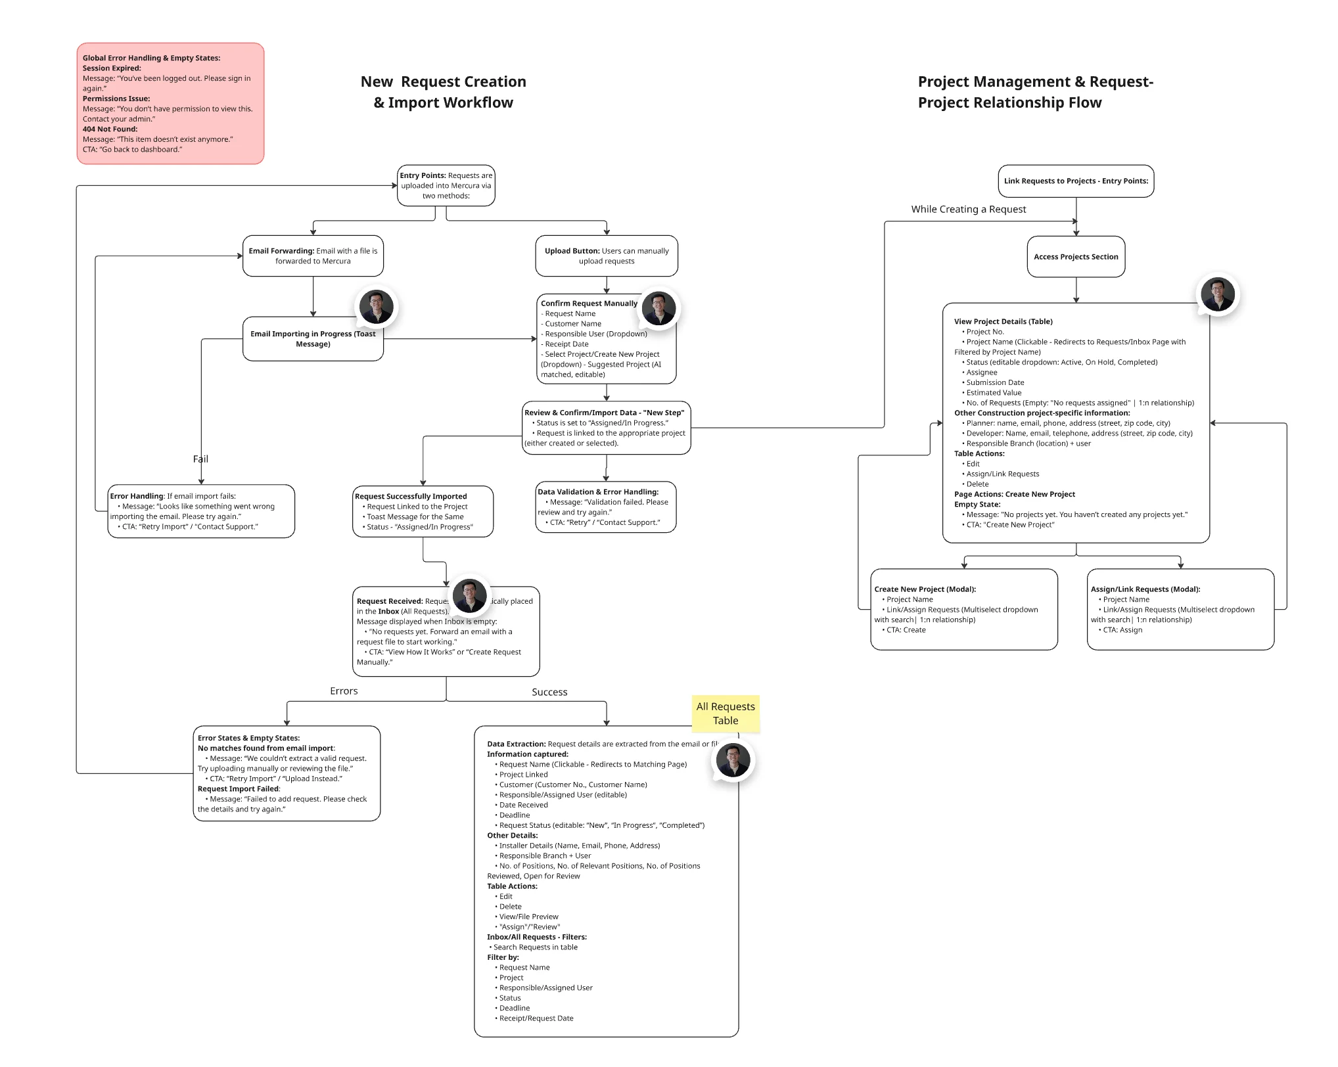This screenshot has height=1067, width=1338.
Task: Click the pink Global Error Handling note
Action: click(x=170, y=103)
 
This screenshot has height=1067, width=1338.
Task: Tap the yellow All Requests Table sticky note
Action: click(x=726, y=714)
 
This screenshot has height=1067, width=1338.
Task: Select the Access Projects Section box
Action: click(x=1076, y=257)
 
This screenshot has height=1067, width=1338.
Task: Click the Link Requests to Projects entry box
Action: click(x=1076, y=181)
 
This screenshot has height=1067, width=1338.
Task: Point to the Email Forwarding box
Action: click(x=313, y=256)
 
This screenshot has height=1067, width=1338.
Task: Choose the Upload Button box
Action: click(x=607, y=256)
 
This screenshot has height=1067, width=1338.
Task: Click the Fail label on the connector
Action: click(x=200, y=459)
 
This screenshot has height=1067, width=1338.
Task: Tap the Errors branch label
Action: click(x=344, y=691)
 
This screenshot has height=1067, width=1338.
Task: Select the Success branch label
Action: click(x=549, y=692)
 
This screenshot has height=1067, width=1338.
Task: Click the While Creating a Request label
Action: click(x=968, y=210)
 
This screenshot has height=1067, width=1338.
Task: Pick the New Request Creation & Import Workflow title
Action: click(x=444, y=92)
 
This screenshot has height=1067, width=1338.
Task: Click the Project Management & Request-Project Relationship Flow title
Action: click(x=1035, y=92)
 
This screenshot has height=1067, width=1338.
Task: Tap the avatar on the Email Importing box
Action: click(x=377, y=307)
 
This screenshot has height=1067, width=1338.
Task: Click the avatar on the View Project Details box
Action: click(x=1218, y=294)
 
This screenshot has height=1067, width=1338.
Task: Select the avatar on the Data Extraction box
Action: click(x=733, y=760)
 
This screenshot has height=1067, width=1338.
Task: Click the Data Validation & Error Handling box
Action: click(x=606, y=507)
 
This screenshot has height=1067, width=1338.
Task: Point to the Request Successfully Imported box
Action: click(x=423, y=512)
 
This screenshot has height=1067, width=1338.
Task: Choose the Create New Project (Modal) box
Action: click(x=964, y=610)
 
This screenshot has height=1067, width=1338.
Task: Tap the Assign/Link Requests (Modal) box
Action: click(x=1180, y=610)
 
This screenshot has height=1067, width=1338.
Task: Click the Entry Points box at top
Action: click(x=446, y=186)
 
